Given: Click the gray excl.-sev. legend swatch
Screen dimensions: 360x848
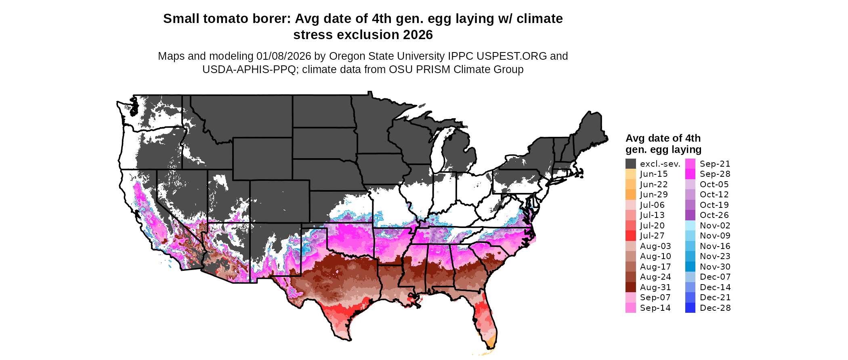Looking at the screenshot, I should click(x=630, y=164).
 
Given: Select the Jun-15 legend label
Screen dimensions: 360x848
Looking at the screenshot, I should click(x=654, y=174).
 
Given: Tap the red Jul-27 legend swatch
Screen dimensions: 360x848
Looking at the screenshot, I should click(x=630, y=236).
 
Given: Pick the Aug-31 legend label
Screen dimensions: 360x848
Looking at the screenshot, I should click(x=655, y=287).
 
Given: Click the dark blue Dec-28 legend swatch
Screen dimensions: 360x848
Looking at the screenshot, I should click(x=690, y=308).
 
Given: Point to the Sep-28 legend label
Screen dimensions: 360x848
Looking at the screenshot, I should click(x=715, y=174).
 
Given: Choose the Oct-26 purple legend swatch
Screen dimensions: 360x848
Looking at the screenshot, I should click(x=690, y=215).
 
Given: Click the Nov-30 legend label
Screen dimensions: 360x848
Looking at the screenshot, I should click(x=715, y=267).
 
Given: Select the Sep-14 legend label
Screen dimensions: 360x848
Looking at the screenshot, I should click(x=655, y=308).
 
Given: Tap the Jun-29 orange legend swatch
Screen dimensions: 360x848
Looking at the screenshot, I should click(x=630, y=195).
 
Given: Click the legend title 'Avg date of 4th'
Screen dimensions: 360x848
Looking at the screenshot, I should click(x=663, y=138).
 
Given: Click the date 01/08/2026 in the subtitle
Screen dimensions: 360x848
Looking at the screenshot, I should click(x=283, y=56).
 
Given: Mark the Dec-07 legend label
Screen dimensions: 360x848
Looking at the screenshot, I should click(x=715, y=277).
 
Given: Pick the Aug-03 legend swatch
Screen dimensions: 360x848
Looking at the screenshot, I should click(x=630, y=246).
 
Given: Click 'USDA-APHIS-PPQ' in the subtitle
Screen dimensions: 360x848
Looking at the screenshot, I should click(x=250, y=69).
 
